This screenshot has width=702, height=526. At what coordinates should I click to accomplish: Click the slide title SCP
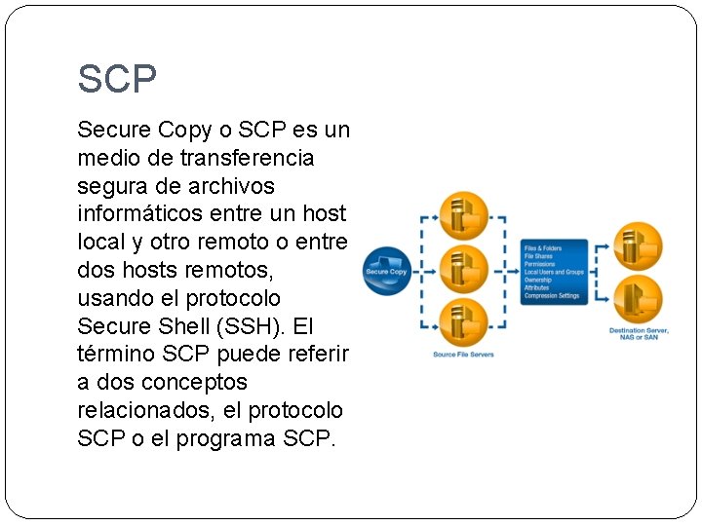tap(117, 79)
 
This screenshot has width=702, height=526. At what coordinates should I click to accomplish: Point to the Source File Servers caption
tap(464, 355)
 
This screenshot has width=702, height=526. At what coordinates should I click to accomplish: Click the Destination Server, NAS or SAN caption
tap(640, 334)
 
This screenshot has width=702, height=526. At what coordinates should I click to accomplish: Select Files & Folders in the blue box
tap(542, 249)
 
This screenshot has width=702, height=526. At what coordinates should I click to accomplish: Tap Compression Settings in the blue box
tap(553, 296)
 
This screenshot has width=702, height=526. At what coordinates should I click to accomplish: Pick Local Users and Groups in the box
tap(554, 273)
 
